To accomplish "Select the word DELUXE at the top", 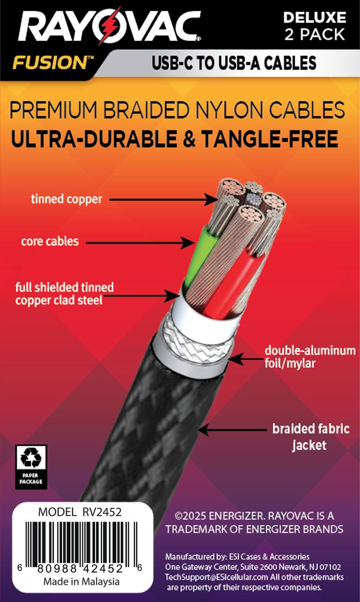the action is click(x=315, y=18).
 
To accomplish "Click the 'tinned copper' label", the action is click(x=66, y=199).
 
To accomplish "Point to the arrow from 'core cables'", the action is click(x=140, y=242).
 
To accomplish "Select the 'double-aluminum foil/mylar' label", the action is click(x=310, y=357).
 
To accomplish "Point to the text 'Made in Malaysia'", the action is click(x=82, y=581).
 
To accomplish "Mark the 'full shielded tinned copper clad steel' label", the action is click(x=64, y=293).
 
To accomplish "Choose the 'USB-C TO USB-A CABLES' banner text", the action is click(x=234, y=63).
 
